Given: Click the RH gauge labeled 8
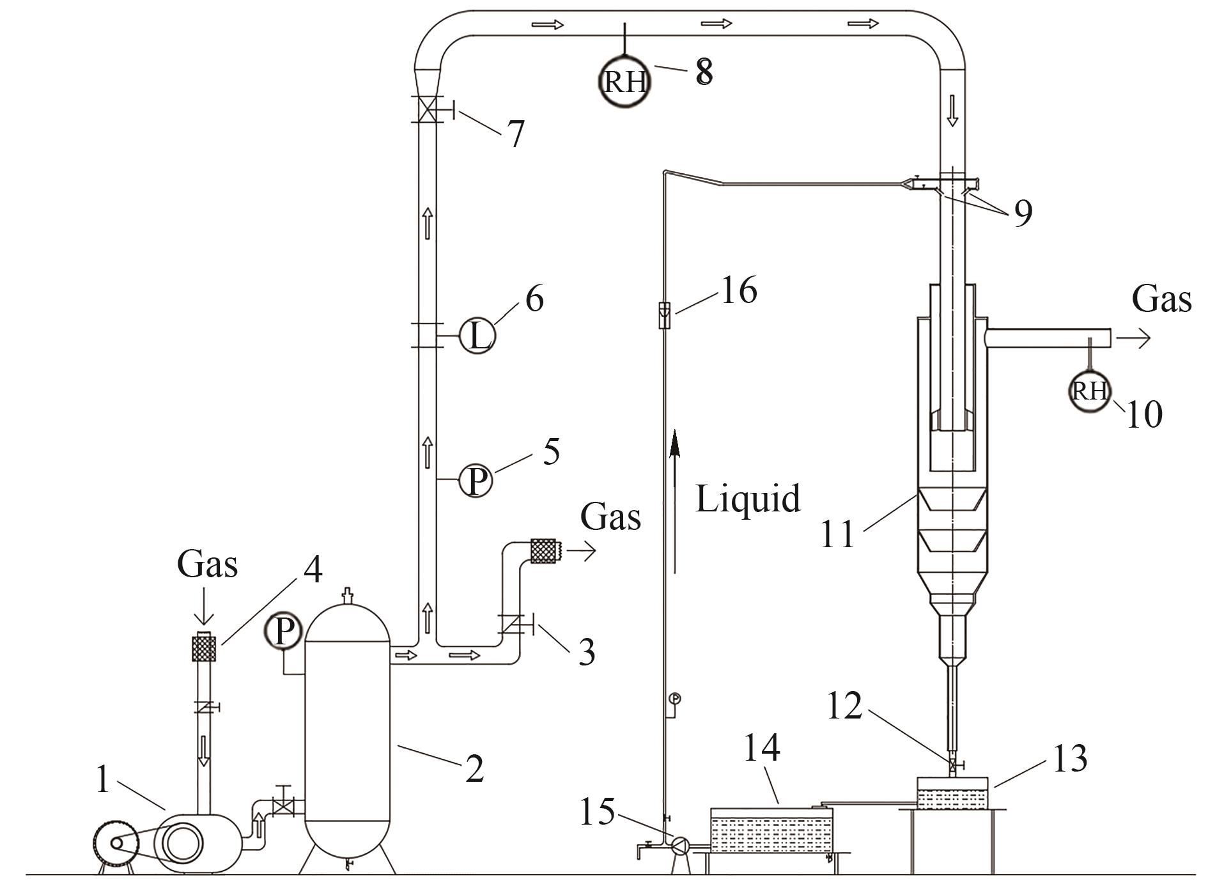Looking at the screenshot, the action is click(x=624, y=82).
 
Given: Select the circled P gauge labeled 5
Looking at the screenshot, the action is click(x=476, y=481).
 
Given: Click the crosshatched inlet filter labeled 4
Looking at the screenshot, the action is click(x=205, y=647).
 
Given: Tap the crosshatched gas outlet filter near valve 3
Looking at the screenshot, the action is click(x=545, y=551).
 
